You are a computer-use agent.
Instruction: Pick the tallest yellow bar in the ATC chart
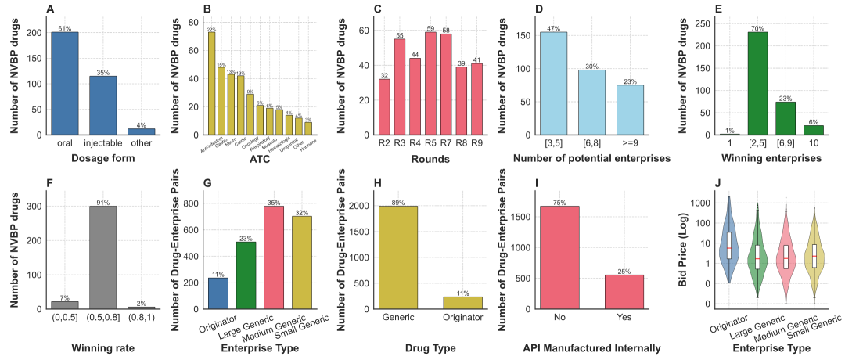(211, 83)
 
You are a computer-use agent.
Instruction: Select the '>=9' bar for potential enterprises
(631, 110)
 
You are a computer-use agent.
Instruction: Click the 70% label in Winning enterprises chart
(757, 28)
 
